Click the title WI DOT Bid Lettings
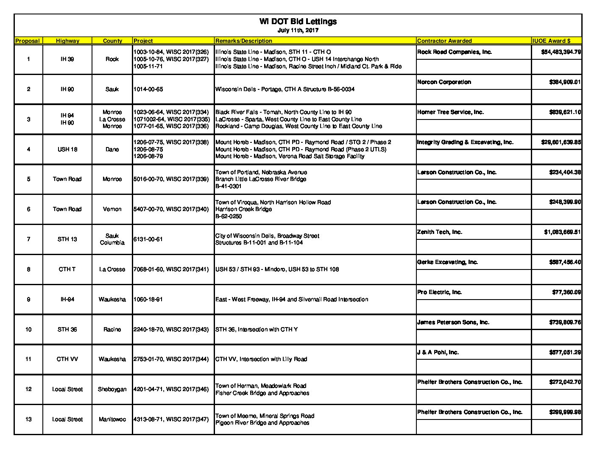[x=298, y=22]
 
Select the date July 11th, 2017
[x=298, y=31]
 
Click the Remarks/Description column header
[x=244, y=41]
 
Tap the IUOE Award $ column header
[x=551, y=41]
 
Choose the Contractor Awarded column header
[x=444, y=41]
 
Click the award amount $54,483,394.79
[x=561, y=52]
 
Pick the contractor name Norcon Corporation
[x=444, y=82]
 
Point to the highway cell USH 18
[x=67, y=149]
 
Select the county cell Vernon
[x=112, y=209]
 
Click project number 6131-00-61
[x=148, y=239]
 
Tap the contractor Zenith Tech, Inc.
[x=440, y=232]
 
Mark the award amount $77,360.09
[x=566, y=292]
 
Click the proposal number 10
[x=28, y=330]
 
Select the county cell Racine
[x=112, y=330]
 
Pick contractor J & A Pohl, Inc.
[x=438, y=353]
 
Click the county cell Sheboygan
[x=112, y=389]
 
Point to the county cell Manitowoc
[x=112, y=419]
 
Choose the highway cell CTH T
[x=67, y=269]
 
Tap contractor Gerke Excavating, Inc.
[x=447, y=262]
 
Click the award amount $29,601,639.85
[x=561, y=142]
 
